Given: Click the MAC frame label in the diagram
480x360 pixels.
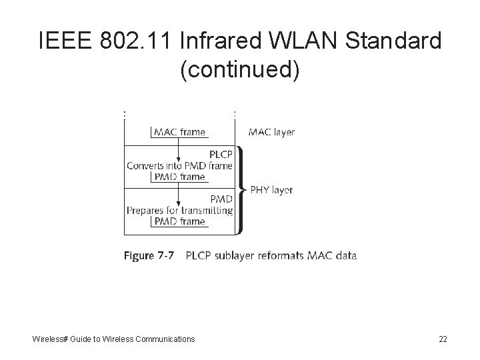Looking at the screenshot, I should click(x=179, y=132).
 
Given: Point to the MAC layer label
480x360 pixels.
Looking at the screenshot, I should click(x=271, y=132).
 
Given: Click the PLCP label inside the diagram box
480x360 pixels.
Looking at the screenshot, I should click(x=220, y=154).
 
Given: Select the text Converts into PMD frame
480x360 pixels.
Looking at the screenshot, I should click(x=179, y=166).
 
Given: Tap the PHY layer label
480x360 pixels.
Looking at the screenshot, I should click(x=271, y=190).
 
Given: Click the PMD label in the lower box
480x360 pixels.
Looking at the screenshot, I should click(x=221, y=199).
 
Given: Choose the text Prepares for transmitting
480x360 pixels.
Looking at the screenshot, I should click(x=179, y=210).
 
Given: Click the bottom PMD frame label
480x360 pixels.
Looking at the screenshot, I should click(x=179, y=221).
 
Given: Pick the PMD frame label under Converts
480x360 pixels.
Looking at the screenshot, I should click(x=179, y=177).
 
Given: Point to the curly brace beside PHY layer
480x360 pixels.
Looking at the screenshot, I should click(x=241, y=190).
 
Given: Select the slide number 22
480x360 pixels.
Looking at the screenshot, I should click(x=443, y=339).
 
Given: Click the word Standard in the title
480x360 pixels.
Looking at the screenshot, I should click(x=395, y=41).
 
